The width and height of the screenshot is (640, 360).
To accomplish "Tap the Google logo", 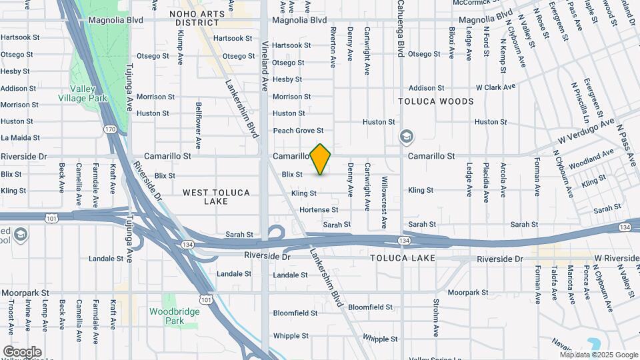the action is pos(22,352).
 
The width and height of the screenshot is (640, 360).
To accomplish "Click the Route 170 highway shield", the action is pos(110,129).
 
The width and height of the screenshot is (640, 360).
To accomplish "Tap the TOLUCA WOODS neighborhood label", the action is pos(436,101).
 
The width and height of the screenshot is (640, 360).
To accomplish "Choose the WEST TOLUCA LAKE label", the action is pos(216,197).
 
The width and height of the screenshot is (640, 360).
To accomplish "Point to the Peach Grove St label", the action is pos(298,131).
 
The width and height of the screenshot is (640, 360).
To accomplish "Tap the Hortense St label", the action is pos(319,209).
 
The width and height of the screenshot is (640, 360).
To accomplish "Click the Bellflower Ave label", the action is pos(199,125).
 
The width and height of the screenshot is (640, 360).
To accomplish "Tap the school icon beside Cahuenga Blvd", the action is pos(405,137).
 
